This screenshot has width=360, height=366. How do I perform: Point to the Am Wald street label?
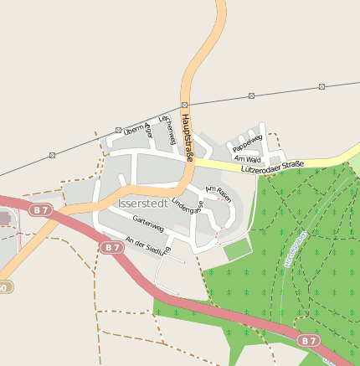pos(248,158)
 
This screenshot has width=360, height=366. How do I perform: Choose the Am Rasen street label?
pos(218,194)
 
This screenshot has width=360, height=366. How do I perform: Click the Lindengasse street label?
pos(188,209)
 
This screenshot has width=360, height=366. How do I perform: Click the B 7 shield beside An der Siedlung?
pos(111,248)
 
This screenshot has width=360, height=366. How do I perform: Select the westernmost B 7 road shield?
pos(39,208)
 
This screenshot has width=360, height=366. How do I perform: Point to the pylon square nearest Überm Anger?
pos(118,130)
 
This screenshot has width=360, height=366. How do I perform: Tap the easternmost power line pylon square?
pos(321,86)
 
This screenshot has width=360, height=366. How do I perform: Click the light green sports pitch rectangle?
pos(237,250)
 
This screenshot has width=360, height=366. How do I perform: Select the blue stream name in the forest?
pos(291,250)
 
